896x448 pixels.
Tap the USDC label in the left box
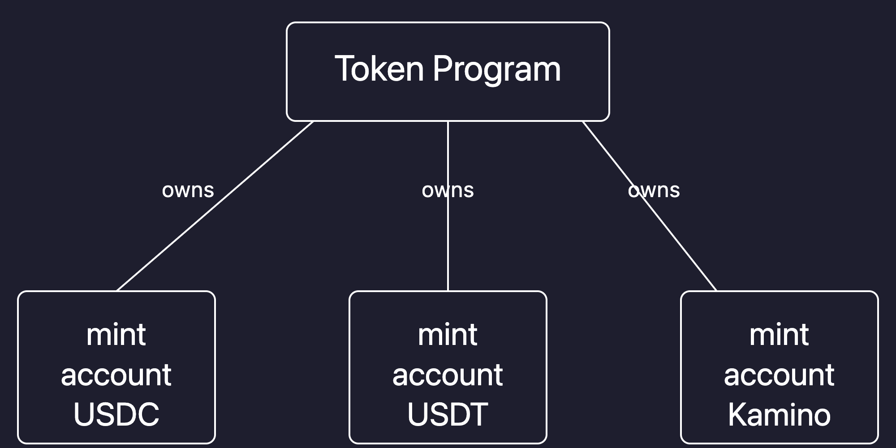point(116,414)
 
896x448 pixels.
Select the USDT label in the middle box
point(448,414)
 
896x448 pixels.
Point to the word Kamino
point(779,414)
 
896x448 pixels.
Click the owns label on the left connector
point(188,190)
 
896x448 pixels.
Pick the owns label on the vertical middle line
point(448,190)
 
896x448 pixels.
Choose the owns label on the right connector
point(654,190)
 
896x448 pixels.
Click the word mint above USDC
point(116,335)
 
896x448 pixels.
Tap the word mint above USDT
point(448,335)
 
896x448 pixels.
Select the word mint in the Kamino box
point(779,335)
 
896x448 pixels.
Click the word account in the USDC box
point(116,375)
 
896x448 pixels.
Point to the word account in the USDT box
point(448,375)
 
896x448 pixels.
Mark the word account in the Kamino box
point(779,375)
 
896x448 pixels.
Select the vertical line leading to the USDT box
point(448,251)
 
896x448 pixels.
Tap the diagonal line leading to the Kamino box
point(685,251)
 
